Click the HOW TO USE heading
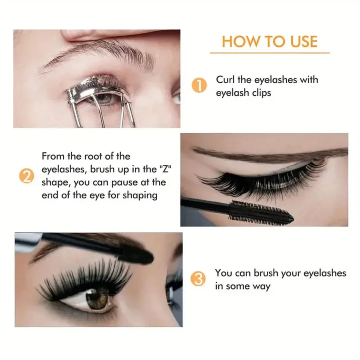[270, 42]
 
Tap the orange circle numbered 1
[199, 86]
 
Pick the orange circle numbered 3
[199, 279]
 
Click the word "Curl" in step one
[226, 80]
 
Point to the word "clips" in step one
[260, 93]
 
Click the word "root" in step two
[90, 156]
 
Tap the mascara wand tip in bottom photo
[138, 254]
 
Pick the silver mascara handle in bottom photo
[28, 241]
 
